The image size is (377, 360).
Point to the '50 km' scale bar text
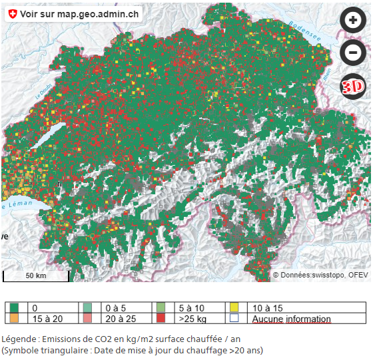36,275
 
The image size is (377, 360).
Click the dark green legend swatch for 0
14,308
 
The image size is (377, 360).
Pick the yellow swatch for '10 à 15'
234,308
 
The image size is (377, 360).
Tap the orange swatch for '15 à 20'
14,319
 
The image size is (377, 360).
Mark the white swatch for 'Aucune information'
234,319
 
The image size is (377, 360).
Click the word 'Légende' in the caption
19,338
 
